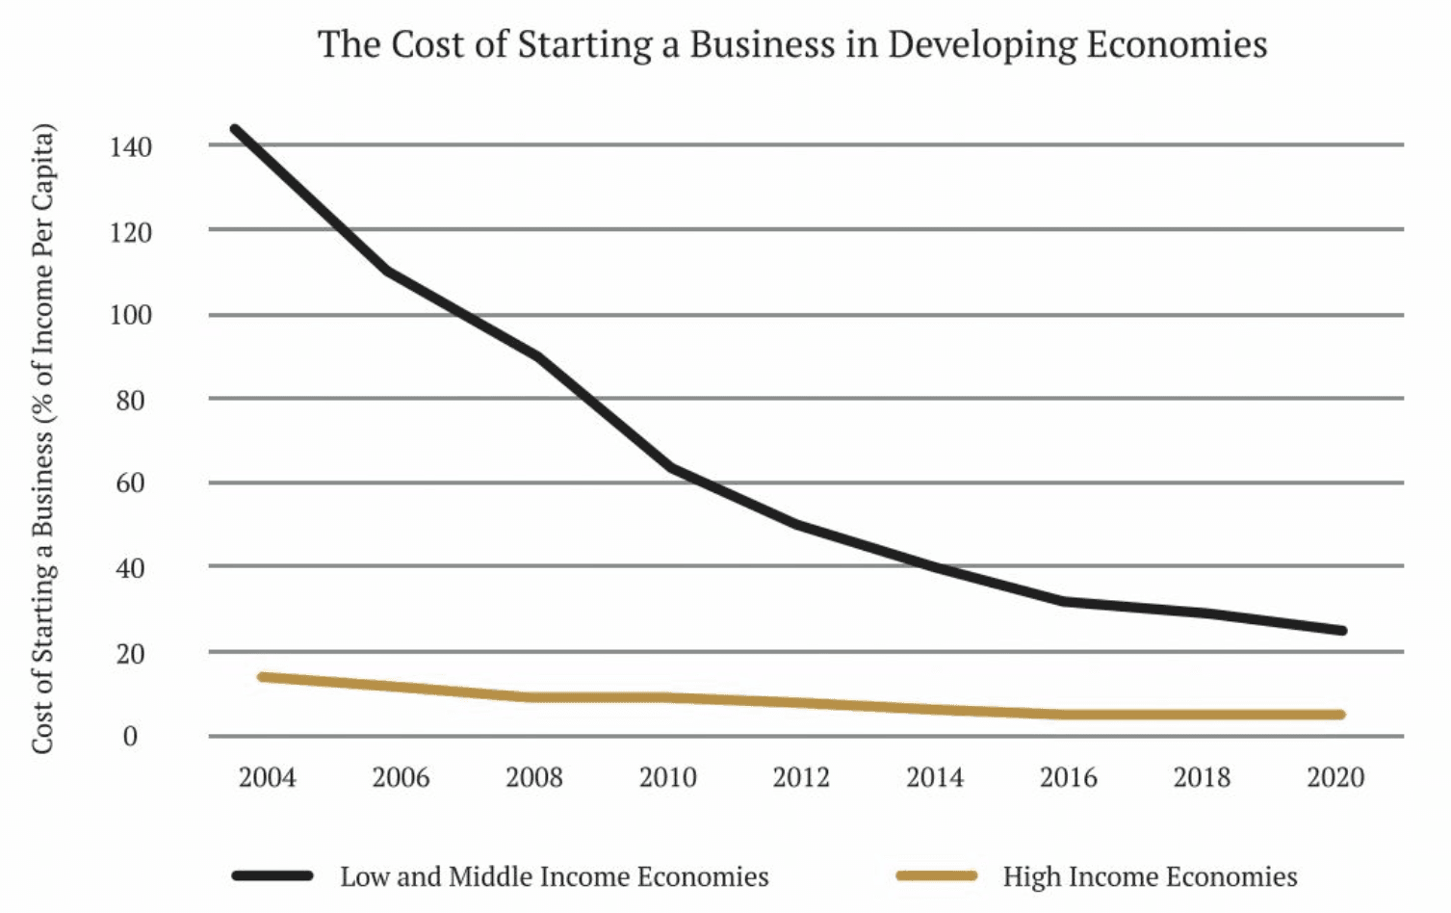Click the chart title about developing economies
(x=791, y=44)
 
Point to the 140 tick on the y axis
(x=131, y=147)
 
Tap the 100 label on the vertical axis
(x=131, y=316)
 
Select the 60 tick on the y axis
(x=131, y=483)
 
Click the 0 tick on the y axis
(x=131, y=737)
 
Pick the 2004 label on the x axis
(x=267, y=777)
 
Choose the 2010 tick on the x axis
(x=667, y=777)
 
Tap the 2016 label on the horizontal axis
(x=1068, y=777)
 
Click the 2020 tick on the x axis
(x=1335, y=777)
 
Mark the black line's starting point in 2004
(x=235, y=129)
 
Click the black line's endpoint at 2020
(x=1341, y=631)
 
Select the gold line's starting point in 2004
(x=262, y=677)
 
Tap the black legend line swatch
(x=272, y=875)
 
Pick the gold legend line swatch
(x=936, y=875)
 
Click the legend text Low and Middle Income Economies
(x=555, y=876)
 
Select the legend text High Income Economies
(x=1150, y=876)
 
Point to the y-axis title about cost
(x=42, y=438)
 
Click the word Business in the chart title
(x=764, y=44)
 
